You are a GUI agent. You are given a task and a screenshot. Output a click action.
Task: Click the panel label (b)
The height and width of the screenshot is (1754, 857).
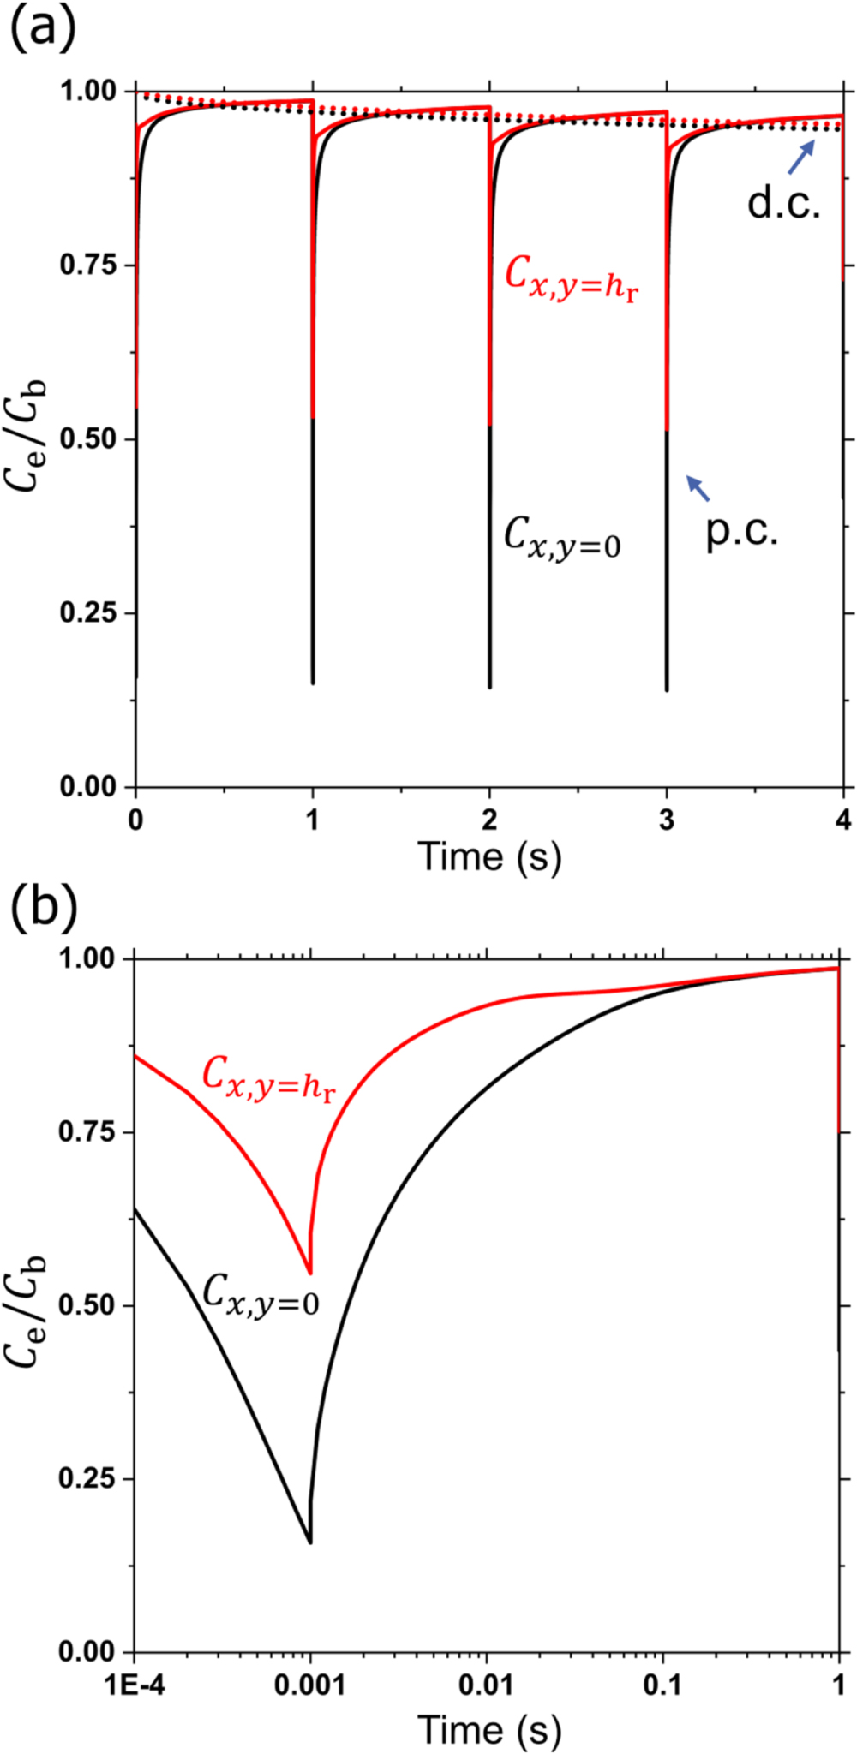43,909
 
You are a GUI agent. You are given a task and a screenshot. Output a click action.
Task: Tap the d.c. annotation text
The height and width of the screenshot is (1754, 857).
783,203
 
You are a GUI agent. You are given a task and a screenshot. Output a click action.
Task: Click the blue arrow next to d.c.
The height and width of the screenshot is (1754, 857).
801,158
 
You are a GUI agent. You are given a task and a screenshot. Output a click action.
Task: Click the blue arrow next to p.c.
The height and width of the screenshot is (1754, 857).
698,488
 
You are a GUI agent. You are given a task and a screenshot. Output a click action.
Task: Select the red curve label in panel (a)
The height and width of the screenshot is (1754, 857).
571,277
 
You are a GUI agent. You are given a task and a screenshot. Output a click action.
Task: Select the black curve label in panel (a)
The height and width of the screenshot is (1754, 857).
562,538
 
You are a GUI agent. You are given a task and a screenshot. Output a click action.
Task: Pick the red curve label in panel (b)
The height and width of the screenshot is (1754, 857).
268,1077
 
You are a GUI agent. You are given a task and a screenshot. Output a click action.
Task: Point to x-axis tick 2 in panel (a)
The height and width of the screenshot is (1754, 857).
489,820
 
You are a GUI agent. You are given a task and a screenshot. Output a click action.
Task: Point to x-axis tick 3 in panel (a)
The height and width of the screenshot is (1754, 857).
667,820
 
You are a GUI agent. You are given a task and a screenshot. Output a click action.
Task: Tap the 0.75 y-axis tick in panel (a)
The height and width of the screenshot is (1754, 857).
87,265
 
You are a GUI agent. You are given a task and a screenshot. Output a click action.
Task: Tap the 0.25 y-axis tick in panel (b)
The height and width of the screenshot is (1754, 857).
87,1479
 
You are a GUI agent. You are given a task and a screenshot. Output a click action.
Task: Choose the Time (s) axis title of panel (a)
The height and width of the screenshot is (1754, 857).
489,857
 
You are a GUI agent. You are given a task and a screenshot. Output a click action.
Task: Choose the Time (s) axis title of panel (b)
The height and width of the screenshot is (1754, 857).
489,1729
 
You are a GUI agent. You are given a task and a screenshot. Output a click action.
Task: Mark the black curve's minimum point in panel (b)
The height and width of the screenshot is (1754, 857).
310,1542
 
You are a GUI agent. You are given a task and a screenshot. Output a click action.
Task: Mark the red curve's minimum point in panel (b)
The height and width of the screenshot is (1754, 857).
310,1274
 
